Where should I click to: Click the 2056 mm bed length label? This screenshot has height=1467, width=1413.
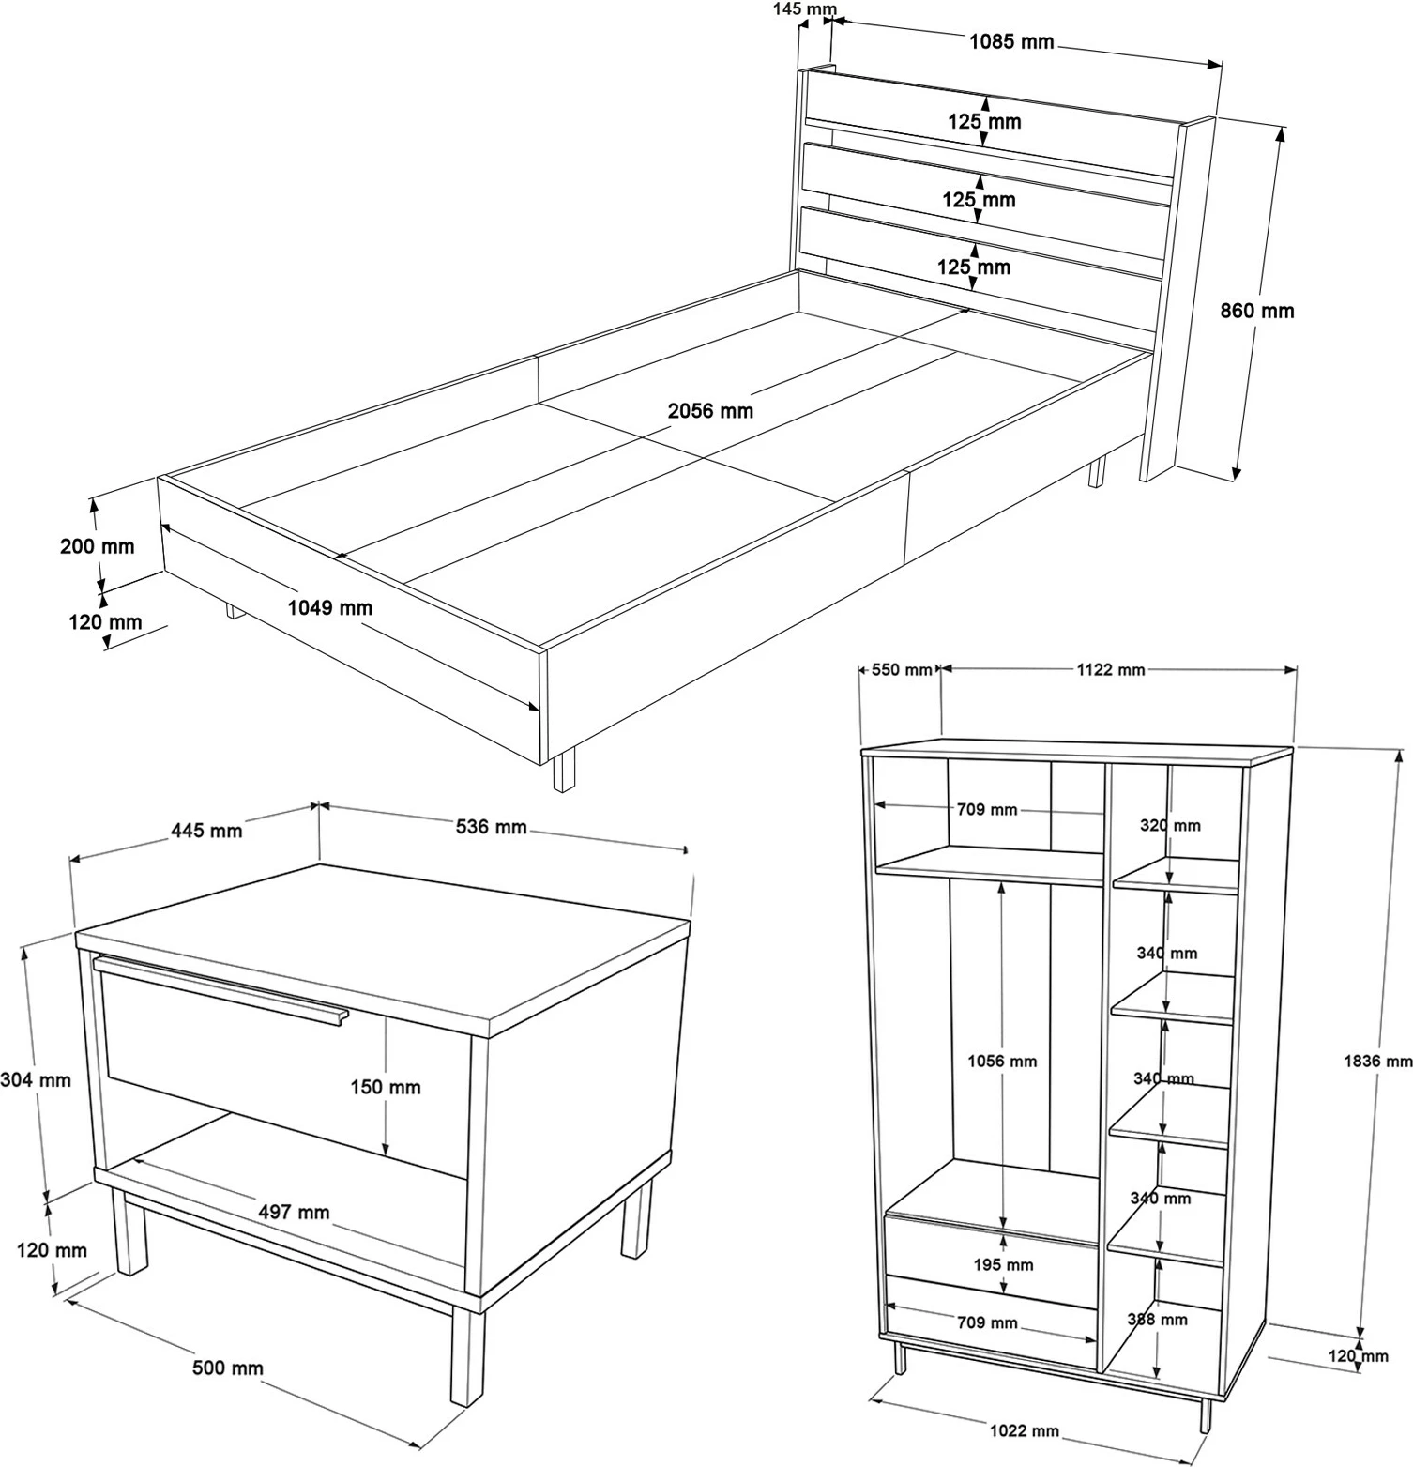710,411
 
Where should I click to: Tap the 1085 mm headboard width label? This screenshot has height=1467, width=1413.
1010,41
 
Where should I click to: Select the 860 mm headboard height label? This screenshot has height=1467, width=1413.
1256,311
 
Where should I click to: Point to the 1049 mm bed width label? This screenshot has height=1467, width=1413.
329,608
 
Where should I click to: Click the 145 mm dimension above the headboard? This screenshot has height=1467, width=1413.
804,10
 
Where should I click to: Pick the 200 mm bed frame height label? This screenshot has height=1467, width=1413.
97,546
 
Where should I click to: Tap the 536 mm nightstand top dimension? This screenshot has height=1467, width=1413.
491,827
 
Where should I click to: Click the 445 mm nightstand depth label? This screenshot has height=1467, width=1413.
206,831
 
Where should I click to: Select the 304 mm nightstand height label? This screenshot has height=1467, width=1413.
36,1080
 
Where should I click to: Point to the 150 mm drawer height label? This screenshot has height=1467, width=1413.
385,1087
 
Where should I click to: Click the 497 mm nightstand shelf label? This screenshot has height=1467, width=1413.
294,1213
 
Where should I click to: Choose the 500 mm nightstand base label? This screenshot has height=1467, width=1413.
227,1368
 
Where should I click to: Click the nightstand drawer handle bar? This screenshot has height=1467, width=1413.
220,988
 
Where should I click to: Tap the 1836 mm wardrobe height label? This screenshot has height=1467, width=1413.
1377,1061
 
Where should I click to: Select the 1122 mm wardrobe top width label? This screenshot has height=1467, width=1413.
1110,669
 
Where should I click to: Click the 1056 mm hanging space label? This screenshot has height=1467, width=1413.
1002,1062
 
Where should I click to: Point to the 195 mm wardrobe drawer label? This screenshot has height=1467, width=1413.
1003,1265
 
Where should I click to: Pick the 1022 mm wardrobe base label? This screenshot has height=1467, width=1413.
1024,1430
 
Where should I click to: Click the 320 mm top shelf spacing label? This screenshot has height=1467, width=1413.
1170,826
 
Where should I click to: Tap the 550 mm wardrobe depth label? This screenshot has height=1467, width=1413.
902,669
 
